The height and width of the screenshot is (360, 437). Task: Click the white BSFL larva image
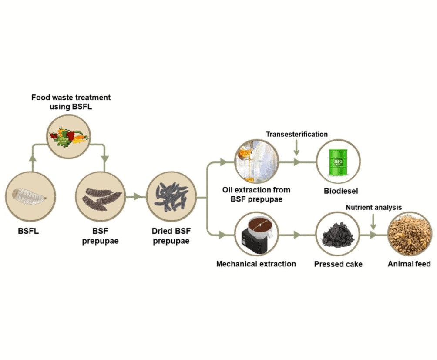(x=30, y=196)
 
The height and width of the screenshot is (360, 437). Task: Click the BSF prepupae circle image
(x=101, y=196)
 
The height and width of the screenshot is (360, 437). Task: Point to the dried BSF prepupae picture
(x=171, y=196)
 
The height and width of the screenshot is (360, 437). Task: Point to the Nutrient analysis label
(x=373, y=207)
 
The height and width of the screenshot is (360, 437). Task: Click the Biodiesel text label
(x=338, y=191)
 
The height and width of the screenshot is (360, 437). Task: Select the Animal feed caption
(x=410, y=264)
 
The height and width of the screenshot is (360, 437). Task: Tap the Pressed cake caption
(x=338, y=264)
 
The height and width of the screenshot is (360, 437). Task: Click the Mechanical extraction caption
(x=256, y=264)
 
